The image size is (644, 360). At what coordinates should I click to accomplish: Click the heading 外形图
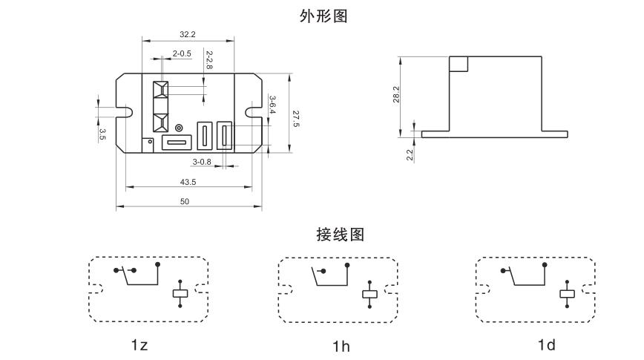coord(321,16)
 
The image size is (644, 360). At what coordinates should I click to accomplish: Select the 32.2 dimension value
coord(188,34)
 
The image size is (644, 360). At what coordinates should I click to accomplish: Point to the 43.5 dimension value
coord(188,182)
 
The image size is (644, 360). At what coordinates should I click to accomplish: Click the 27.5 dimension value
coord(295,119)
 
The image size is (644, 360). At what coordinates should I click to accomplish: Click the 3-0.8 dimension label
coord(202,161)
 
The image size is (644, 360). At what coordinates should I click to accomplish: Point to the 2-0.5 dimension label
coord(182,53)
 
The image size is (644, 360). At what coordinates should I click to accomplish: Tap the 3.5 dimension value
coord(102,134)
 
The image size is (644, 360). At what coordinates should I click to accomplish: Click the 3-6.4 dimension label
coord(273,104)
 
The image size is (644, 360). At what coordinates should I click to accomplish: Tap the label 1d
coord(547,345)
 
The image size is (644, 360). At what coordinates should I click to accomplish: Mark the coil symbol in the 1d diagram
coord(568,293)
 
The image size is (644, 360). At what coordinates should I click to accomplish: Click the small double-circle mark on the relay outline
coord(178,128)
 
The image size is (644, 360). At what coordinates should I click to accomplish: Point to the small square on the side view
coord(459,63)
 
